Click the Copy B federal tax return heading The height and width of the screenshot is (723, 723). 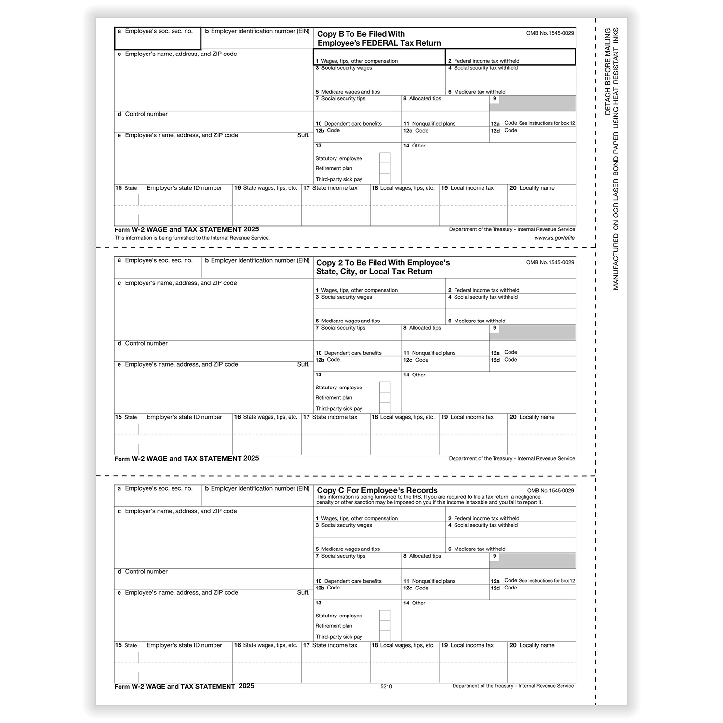point(379,39)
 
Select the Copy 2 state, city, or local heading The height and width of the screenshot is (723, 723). point(383,267)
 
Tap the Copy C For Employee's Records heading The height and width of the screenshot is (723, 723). point(377,490)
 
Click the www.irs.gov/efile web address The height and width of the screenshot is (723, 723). point(554,238)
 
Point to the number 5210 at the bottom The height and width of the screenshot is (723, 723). point(386,687)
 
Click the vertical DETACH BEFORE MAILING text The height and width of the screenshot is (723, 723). point(608,71)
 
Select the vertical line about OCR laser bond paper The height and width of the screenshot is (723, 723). point(616,159)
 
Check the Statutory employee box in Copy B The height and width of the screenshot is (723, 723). point(385,158)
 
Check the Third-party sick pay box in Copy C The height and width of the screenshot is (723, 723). point(385,636)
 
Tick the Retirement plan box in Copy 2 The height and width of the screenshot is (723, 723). point(385,398)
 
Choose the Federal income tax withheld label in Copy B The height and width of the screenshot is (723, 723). point(486,61)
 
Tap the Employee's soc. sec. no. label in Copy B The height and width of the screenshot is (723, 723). point(159,31)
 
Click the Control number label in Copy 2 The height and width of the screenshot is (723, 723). point(146,344)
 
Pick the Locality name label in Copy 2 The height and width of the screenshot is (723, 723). point(536,417)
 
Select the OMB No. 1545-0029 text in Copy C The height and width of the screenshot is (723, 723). point(550,491)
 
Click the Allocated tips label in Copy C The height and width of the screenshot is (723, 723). point(425,556)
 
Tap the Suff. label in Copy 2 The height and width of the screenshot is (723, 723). point(303,365)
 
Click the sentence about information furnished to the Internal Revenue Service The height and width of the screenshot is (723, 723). point(192,238)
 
